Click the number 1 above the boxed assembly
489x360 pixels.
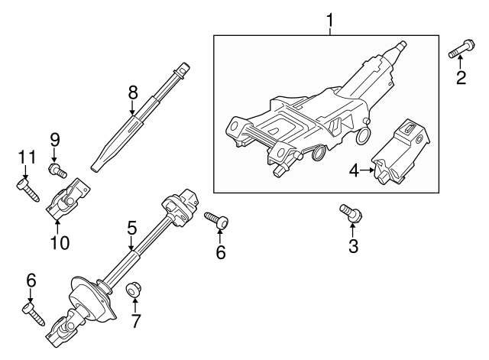(x=329, y=19)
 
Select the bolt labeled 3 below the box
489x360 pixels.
(x=349, y=212)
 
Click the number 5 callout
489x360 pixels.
(x=131, y=227)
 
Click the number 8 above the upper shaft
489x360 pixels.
(x=133, y=92)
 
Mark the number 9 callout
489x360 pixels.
(x=54, y=140)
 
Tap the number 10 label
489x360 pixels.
(x=59, y=243)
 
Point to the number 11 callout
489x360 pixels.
(x=27, y=158)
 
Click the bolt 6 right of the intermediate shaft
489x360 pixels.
(x=217, y=220)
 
